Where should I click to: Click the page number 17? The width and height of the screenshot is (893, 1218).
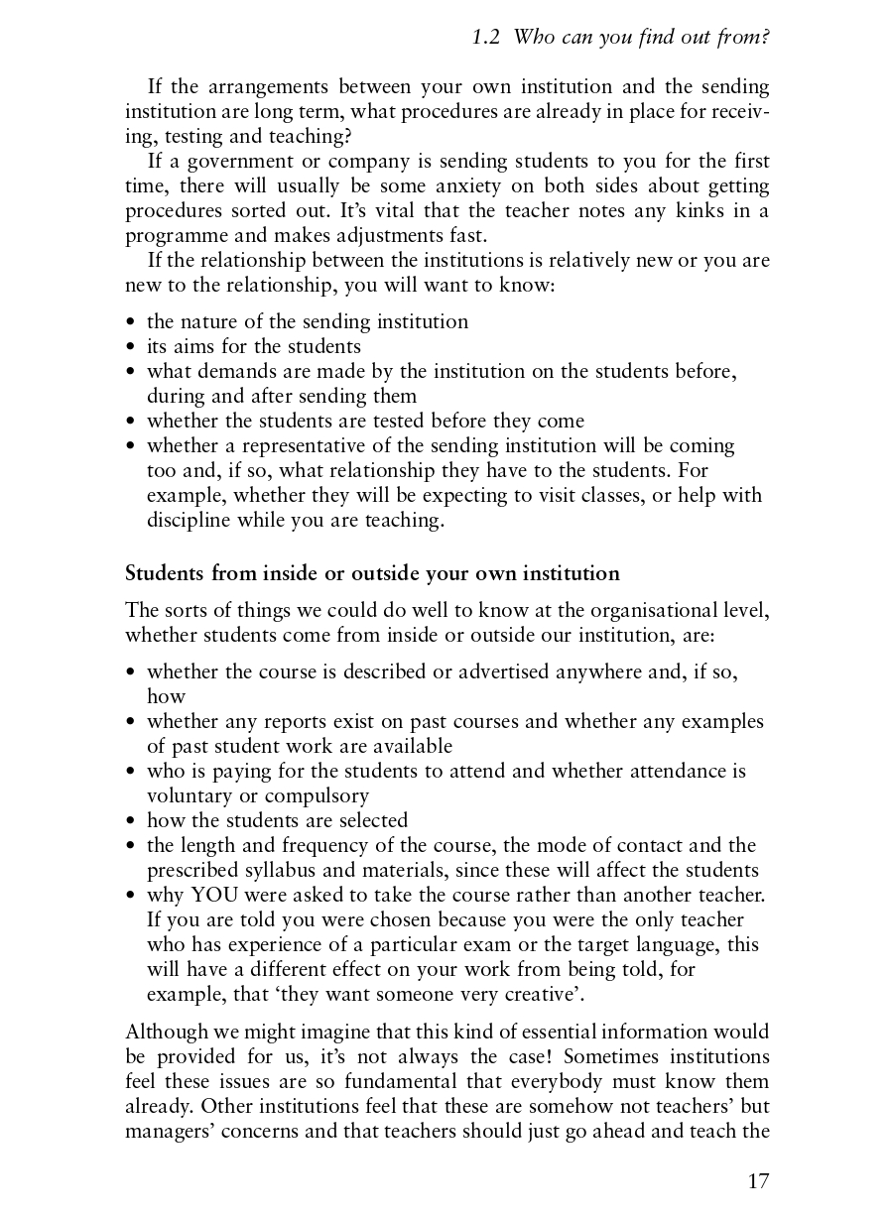click(758, 1180)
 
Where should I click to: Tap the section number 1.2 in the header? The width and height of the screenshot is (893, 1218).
click(486, 38)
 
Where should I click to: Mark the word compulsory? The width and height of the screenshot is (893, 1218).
click(316, 795)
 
